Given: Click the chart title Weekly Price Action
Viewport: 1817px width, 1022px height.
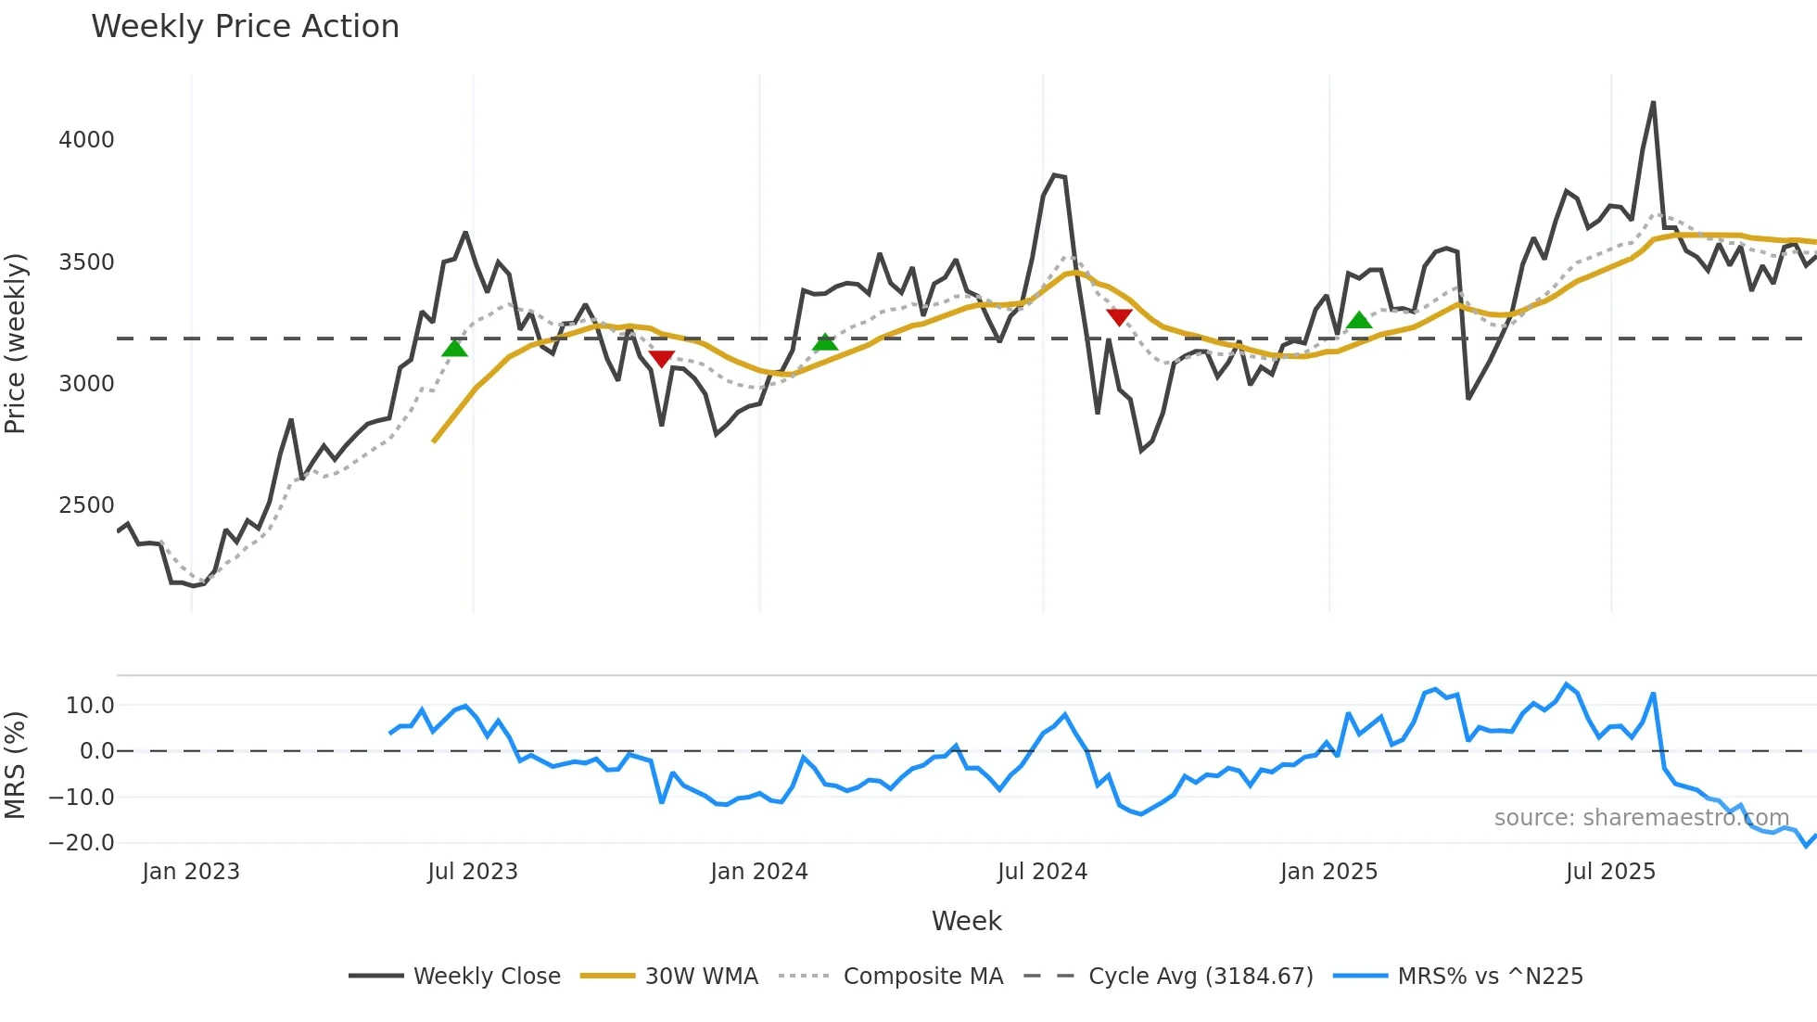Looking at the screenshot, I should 245,27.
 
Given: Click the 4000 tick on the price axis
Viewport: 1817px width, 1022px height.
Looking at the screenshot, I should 86,140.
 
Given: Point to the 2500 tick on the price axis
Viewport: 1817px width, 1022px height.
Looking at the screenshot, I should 86,505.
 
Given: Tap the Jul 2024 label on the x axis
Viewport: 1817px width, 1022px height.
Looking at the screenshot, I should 1042,872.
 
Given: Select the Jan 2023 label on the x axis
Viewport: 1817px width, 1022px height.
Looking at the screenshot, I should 191,872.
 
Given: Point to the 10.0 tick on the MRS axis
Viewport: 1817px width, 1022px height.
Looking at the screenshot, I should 90,706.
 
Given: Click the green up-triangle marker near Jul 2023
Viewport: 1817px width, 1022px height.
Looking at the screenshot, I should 454,349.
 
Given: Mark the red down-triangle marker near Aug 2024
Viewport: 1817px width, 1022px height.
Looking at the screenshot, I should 1119,317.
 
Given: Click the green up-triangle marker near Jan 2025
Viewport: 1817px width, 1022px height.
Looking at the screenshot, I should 1359,320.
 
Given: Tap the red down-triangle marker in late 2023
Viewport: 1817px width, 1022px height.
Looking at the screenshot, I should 661,359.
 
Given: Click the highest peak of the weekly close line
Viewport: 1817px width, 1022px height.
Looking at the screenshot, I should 1653,103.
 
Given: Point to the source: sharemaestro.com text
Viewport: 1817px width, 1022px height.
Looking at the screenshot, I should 1641,818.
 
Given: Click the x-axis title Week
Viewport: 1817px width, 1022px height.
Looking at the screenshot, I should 966,921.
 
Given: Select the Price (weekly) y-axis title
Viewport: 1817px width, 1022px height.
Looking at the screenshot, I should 16,343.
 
